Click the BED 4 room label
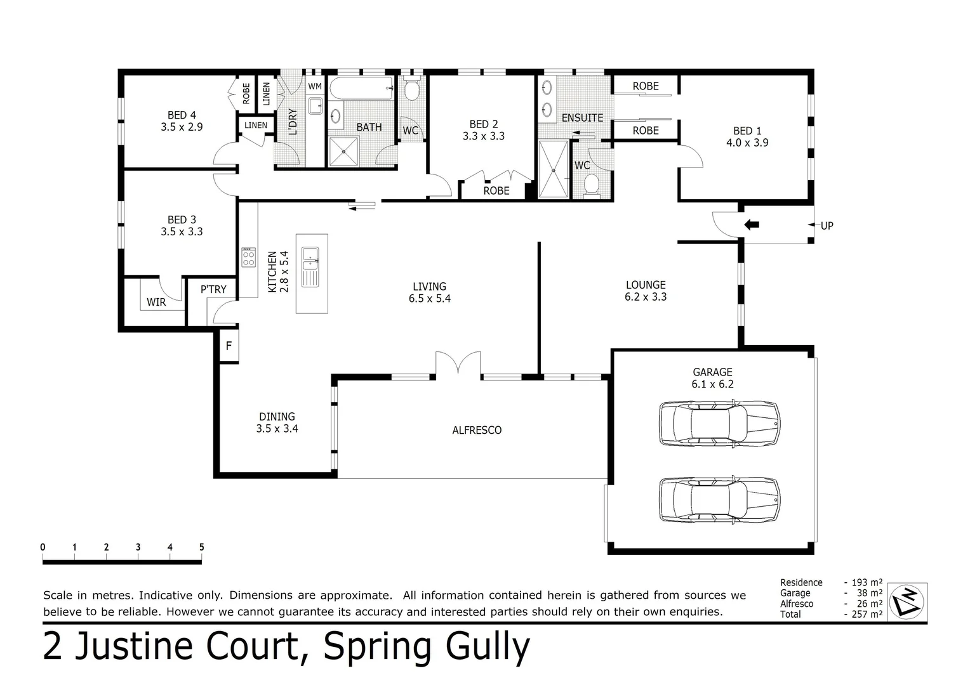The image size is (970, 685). pyautogui.click(x=182, y=115)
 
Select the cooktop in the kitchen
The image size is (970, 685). pyautogui.click(x=248, y=258)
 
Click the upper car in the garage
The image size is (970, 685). pyautogui.click(x=719, y=422)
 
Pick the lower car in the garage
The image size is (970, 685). pyautogui.click(x=719, y=499)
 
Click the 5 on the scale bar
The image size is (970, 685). pyautogui.click(x=201, y=547)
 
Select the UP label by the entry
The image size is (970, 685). pyautogui.click(x=827, y=226)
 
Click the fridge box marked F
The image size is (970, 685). pyautogui.click(x=229, y=346)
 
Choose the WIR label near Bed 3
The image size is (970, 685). pyautogui.click(x=156, y=303)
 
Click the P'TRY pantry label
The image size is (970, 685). pyautogui.click(x=213, y=289)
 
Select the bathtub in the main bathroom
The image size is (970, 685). pyautogui.click(x=361, y=89)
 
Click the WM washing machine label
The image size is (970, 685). pyautogui.click(x=315, y=86)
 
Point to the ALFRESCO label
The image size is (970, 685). pyautogui.click(x=477, y=430)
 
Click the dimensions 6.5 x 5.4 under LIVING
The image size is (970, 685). pyautogui.click(x=430, y=299)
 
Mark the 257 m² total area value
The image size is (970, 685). pyautogui.click(x=867, y=614)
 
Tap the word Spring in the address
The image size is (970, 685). pyautogui.click(x=380, y=647)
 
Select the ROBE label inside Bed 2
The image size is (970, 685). pyautogui.click(x=496, y=190)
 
